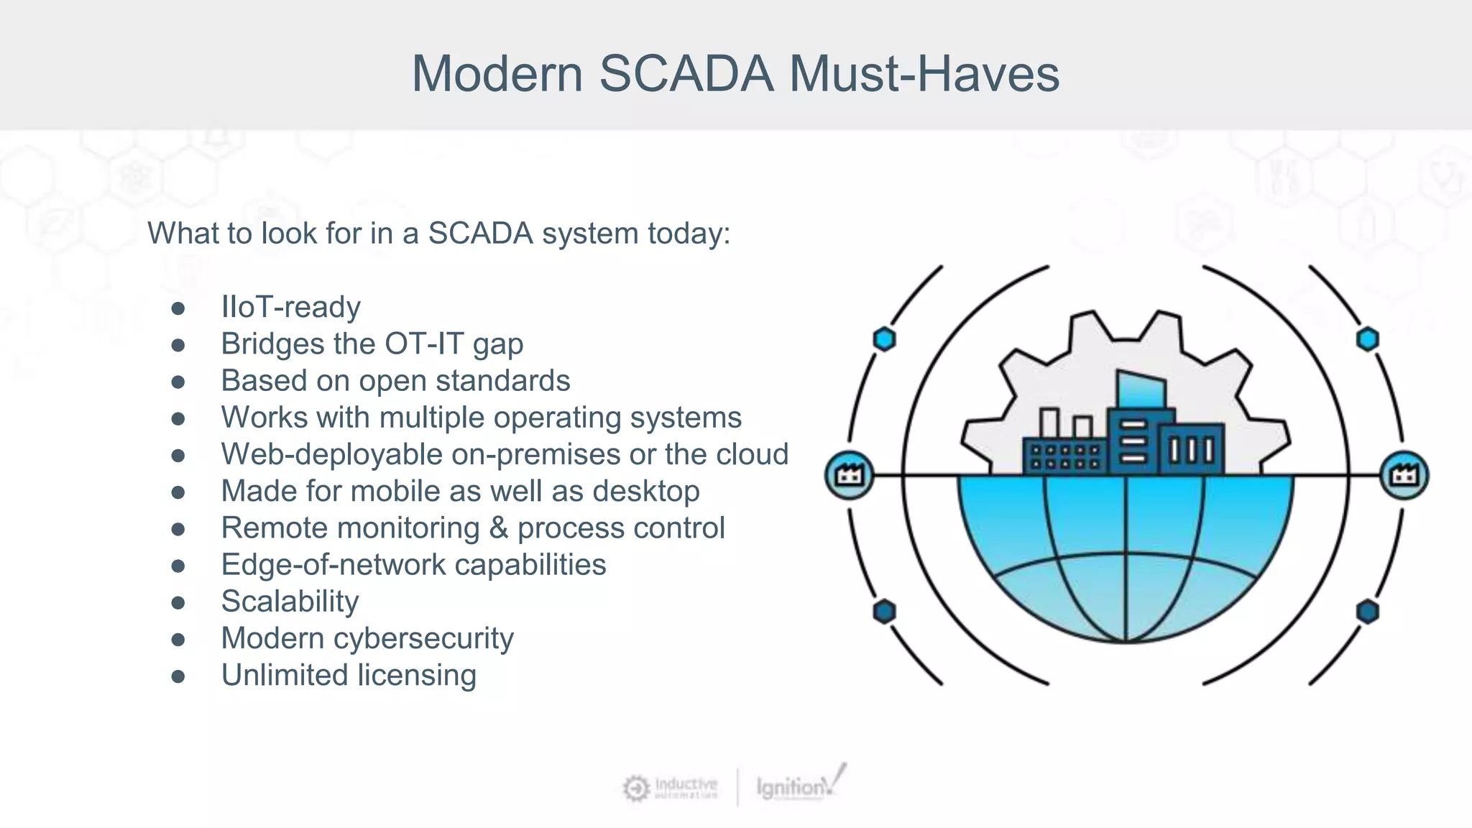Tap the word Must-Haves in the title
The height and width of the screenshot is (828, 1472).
coord(924,73)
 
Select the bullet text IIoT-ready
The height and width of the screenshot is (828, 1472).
coord(290,307)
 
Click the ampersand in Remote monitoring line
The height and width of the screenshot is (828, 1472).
coord(498,528)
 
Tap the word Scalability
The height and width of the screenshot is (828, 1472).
coord(290,602)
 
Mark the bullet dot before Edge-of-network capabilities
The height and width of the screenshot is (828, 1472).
coord(178,566)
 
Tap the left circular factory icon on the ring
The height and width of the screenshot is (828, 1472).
coord(850,475)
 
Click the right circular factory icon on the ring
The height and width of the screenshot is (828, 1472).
coord(1404,475)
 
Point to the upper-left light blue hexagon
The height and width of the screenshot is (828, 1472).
coord(884,339)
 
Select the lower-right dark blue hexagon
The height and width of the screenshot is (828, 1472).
coord(1367,612)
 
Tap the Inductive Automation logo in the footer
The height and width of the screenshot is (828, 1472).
coord(670,788)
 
